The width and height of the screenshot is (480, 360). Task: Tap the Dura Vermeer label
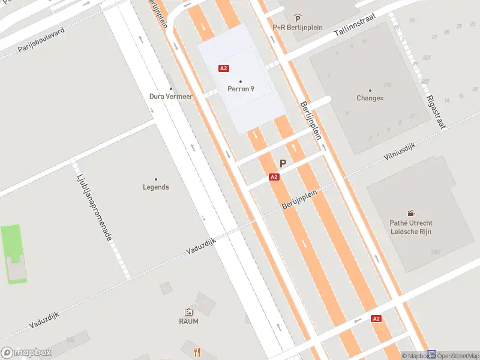pyautogui.click(x=171, y=96)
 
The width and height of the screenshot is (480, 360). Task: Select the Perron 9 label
pyautogui.click(x=241, y=89)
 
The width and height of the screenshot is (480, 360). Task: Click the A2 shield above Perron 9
pyautogui.click(x=224, y=68)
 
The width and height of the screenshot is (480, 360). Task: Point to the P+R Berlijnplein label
pyautogui.click(x=298, y=27)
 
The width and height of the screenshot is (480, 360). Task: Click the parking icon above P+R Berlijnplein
pyautogui.click(x=298, y=19)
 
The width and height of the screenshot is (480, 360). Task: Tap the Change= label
pyautogui.click(x=370, y=98)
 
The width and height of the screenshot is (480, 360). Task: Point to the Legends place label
pyautogui.click(x=156, y=187)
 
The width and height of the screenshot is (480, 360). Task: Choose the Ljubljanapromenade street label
pyautogui.click(x=95, y=208)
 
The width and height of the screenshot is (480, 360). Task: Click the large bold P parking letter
pyautogui.click(x=283, y=163)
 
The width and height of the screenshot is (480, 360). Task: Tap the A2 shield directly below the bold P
pyautogui.click(x=274, y=177)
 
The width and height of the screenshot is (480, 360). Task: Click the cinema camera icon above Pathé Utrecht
pyautogui.click(x=411, y=213)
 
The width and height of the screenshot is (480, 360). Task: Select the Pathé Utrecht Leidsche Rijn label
pyautogui.click(x=411, y=227)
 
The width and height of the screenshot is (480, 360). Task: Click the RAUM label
pyautogui.click(x=188, y=321)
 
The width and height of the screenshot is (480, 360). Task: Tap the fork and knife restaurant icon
pyautogui.click(x=196, y=352)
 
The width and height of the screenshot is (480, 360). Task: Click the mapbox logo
pyautogui.click(x=26, y=353)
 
